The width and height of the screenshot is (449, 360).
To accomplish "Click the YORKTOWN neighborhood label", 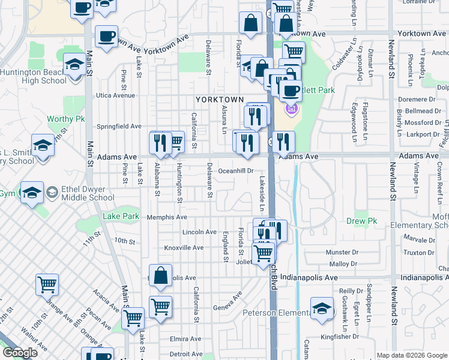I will tap(220, 100).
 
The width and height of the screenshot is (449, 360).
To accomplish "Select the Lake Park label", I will tap(121, 216).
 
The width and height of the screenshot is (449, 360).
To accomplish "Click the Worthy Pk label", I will tap(65, 119).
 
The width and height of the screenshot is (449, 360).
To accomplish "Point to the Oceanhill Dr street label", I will tap(236, 171).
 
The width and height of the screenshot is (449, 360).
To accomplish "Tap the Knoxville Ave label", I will tap(184, 247).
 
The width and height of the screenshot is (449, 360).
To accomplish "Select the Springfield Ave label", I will tap(119, 127).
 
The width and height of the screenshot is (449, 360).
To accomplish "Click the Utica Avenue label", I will tap(116, 95).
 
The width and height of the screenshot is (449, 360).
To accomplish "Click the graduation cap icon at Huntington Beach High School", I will tap(74, 64).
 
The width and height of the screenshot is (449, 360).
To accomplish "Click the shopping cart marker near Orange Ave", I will tap(47, 284).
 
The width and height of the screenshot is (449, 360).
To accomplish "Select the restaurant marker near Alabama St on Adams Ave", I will tap(160, 142).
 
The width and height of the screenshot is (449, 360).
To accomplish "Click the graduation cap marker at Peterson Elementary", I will tap(322, 308).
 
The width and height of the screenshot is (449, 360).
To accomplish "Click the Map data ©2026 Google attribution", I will tap(411, 355).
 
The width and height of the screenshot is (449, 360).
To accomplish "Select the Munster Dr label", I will tap(343, 254).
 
